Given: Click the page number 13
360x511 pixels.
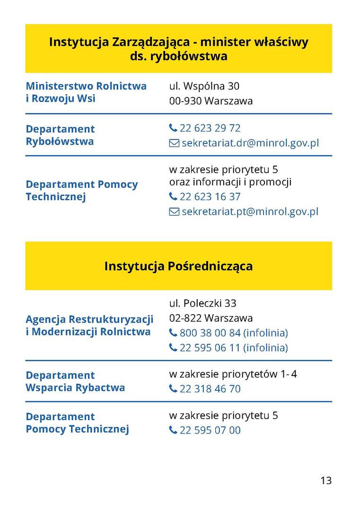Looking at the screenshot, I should coord(326,480).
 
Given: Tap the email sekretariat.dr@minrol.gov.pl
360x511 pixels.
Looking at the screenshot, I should coord(250,143).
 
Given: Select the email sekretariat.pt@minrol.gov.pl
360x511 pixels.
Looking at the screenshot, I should coord(250,211).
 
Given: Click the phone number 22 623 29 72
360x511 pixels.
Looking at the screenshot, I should coord(210,128).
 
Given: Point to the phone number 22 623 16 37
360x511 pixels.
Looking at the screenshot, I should coord(210,197).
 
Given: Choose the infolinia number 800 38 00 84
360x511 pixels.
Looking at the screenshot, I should coord(210,333).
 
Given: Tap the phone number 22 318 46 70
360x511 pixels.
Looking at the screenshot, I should coord(210,389).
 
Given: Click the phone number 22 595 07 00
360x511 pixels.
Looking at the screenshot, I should coord(210,430).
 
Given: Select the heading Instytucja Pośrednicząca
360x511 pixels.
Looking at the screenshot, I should coord(178,266).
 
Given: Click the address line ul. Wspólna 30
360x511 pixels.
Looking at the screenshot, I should coord(204,86).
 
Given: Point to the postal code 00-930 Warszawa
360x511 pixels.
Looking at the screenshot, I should coord(211,101).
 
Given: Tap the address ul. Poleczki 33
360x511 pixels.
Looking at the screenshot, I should coord(203,303).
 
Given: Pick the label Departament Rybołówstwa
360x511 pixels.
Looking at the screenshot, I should coord(60,135).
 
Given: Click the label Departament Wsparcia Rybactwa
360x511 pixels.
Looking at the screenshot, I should coord(75,381).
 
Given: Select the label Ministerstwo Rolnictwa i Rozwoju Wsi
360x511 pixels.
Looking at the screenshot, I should coord(86,92).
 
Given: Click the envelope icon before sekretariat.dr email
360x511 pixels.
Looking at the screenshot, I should coord(174,143).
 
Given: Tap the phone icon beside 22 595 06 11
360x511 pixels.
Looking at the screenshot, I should coord(173,348).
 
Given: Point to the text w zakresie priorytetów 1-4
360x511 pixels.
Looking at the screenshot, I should coord(233,374).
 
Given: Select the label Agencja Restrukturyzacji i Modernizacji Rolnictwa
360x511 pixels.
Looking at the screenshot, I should coord(89,325).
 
